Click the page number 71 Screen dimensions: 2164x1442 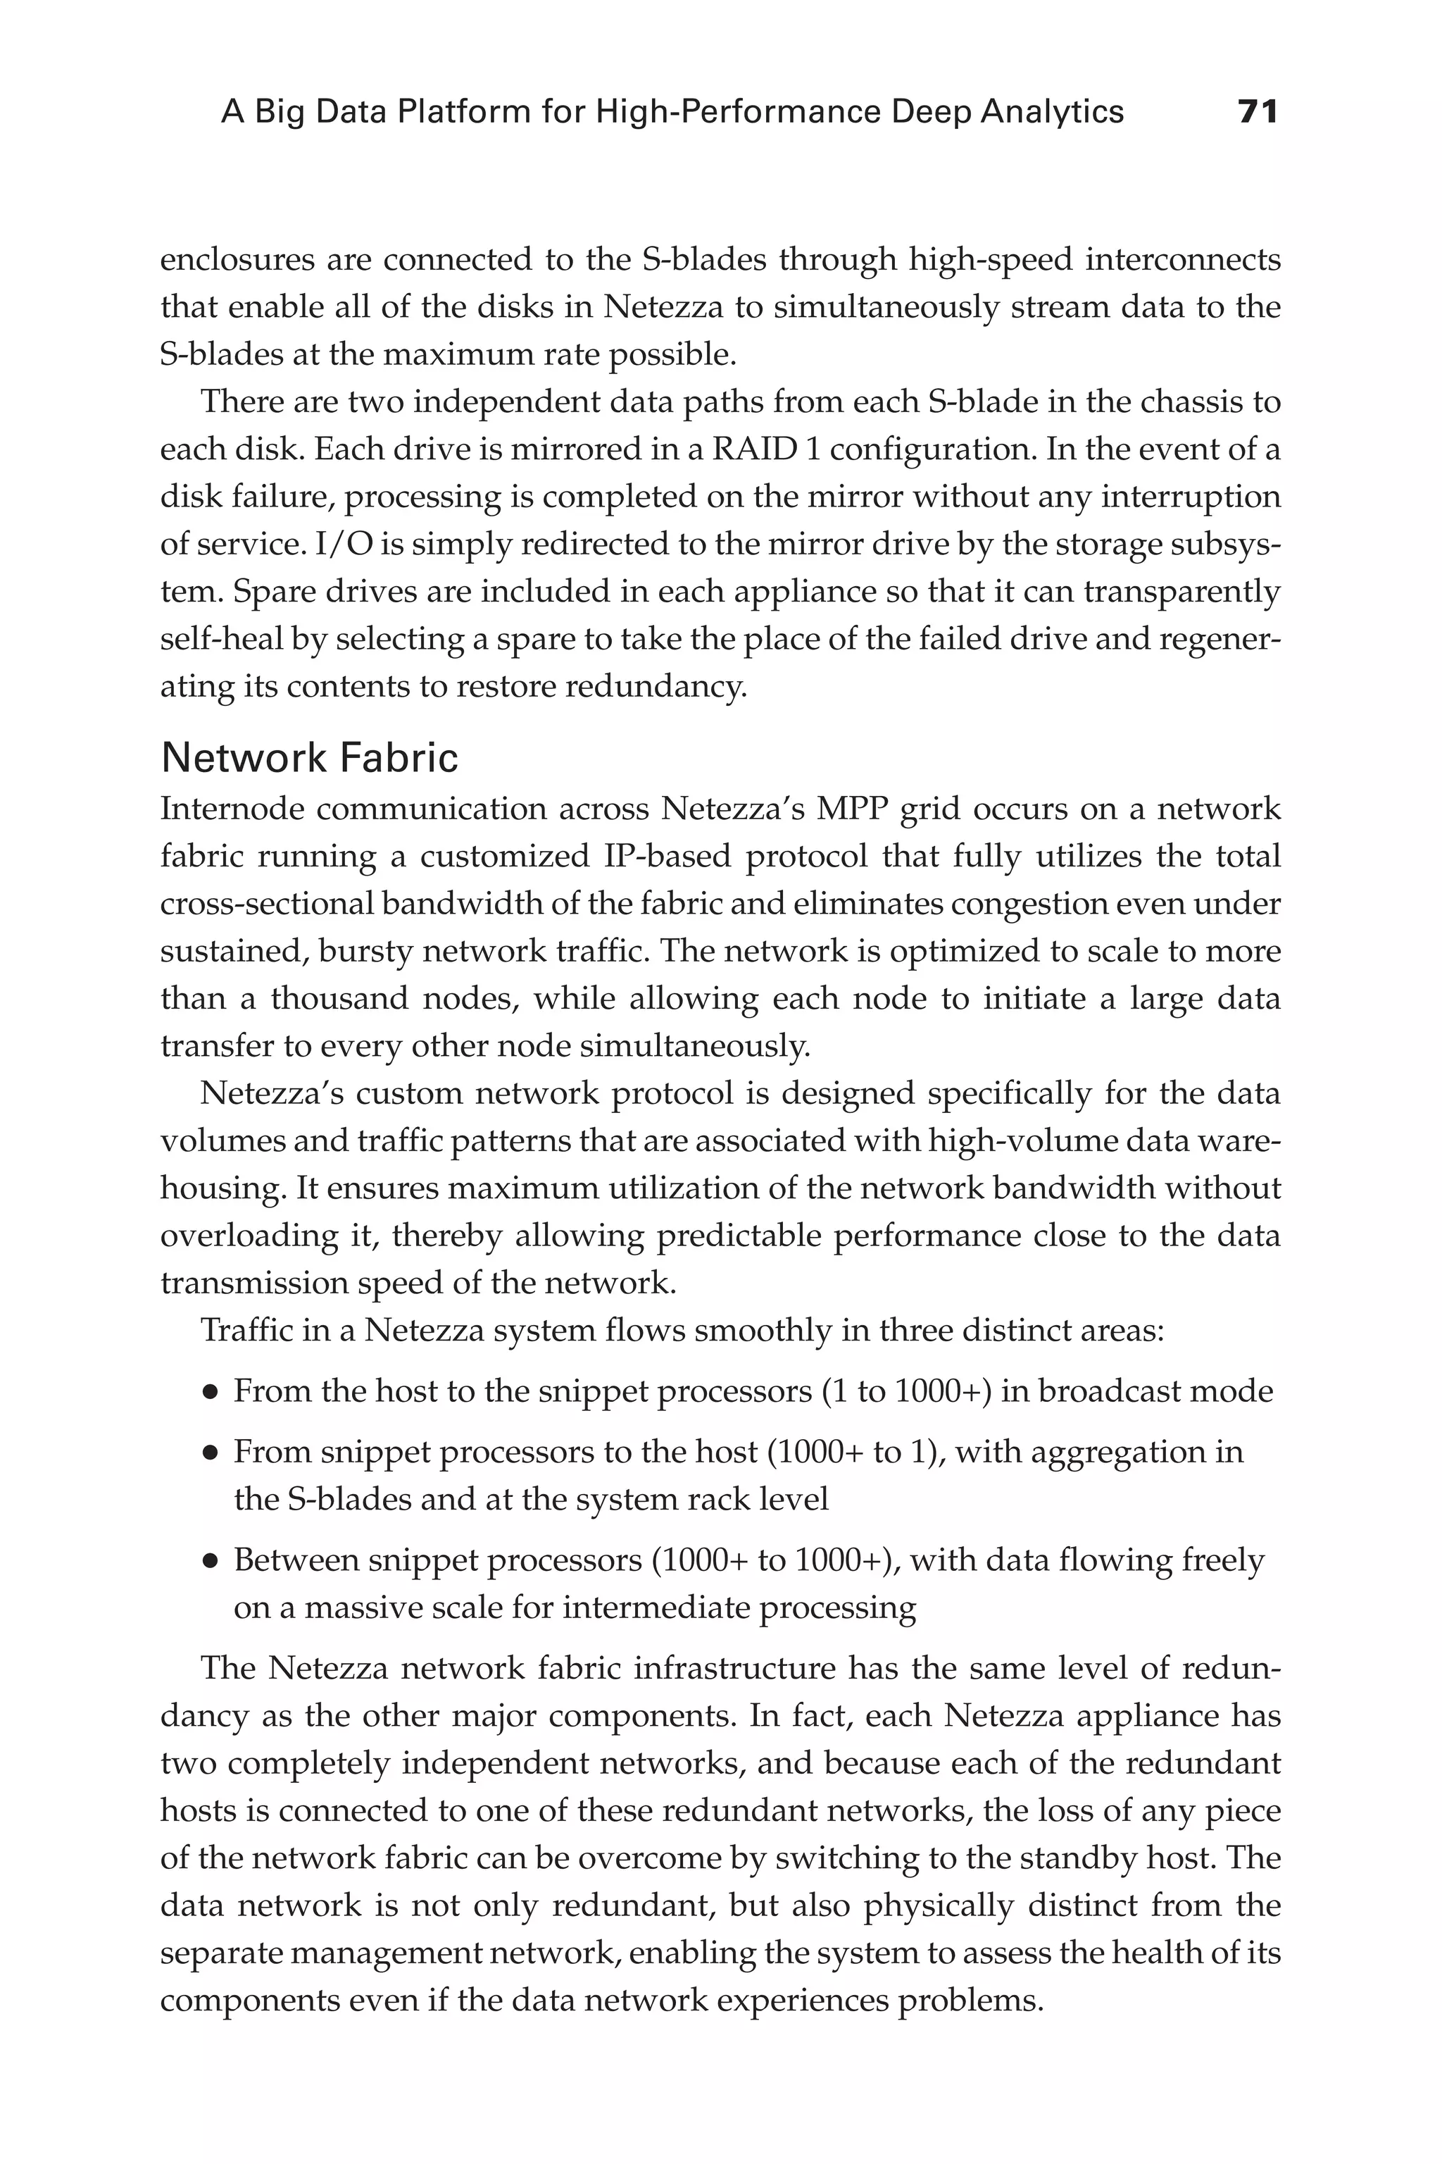[1257, 112]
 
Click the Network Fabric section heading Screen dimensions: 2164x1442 [309, 758]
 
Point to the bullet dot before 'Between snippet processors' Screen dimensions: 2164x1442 [211, 1562]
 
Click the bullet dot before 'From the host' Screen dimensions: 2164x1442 [211, 1393]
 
